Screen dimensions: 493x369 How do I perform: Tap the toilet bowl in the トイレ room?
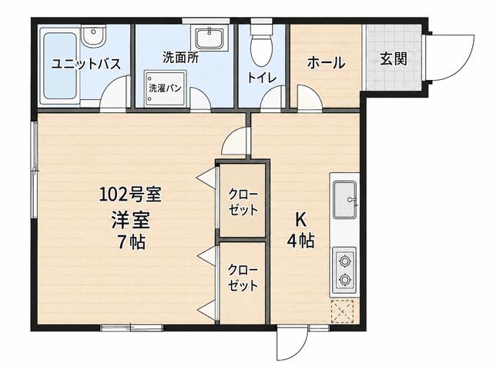(260, 47)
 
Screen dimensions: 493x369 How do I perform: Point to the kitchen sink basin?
(345, 200)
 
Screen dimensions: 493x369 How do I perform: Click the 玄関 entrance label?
(394, 58)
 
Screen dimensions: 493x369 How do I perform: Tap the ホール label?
(326, 62)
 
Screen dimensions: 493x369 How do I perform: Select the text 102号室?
(130, 194)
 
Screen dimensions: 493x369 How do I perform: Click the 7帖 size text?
(131, 242)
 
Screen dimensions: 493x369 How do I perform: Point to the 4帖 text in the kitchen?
(300, 241)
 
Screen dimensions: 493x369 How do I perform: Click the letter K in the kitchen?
(300, 220)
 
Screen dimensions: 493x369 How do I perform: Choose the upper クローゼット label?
(243, 201)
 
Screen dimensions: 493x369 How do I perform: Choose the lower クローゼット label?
(243, 278)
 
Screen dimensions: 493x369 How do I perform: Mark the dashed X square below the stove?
(343, 311)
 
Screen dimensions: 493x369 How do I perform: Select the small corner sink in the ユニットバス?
(93, 36)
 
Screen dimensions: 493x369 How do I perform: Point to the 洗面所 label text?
(180, 58)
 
